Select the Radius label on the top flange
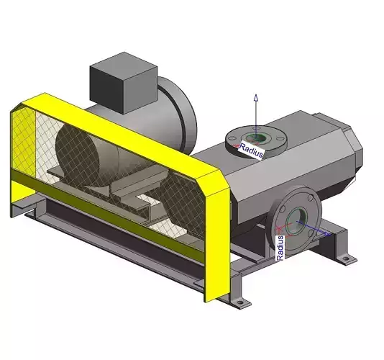tap(252, 150)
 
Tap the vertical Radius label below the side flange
tap(280, 247)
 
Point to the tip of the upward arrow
tap(253, 96)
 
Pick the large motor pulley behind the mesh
tap(81, 155)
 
